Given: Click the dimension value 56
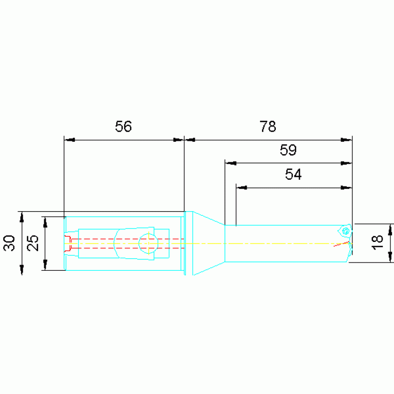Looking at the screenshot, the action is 123,126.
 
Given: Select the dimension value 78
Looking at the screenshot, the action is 268,126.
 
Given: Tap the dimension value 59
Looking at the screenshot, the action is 288,150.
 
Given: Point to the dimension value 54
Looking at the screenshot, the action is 293,174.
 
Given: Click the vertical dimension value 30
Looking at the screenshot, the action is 9,243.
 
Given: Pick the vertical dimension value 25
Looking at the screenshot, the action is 33,243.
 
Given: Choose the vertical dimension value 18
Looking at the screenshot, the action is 377,242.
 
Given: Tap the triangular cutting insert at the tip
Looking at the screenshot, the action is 345,231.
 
